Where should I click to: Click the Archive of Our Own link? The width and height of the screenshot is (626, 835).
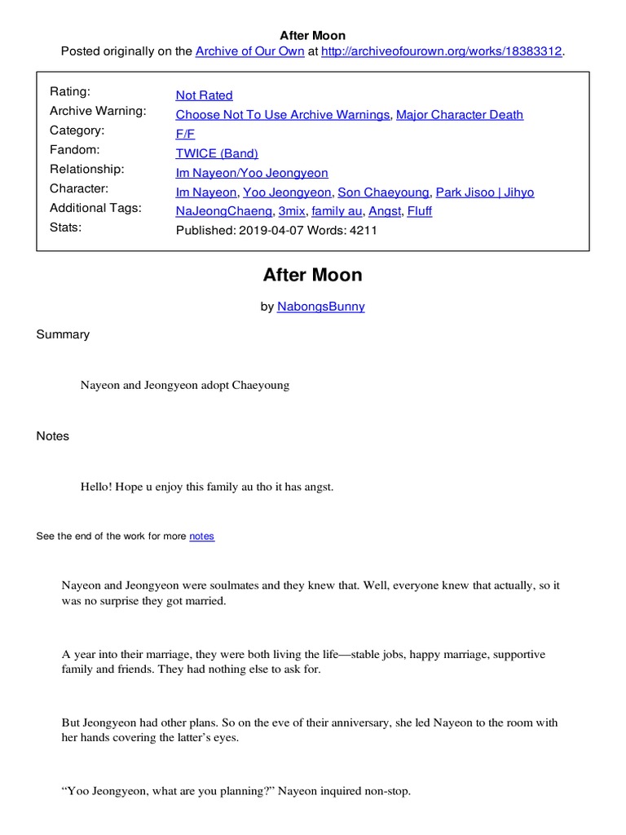pos(249,51)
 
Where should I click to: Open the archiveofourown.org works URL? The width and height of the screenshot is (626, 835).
pos(442,51)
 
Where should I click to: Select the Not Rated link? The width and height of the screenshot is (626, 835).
pos(204,95)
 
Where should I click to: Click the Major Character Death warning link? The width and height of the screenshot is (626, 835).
pos(460,115)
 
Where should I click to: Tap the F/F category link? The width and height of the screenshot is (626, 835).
pos(185,134)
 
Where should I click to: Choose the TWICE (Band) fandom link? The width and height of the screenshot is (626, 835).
pos(217,153)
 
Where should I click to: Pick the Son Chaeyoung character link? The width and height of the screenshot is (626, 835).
pos(383,192)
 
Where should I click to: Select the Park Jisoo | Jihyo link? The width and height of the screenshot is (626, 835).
pos(485,192)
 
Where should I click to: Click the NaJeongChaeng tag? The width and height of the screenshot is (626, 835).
pos(224,211)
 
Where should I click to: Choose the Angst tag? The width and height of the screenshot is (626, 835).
pos(385,211)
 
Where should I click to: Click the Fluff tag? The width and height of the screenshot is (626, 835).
pos(420,211)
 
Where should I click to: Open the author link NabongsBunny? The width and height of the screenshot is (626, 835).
pos(321,307)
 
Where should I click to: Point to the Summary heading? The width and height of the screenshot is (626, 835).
pos(63,334)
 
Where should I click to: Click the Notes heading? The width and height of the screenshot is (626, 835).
pos(53,436)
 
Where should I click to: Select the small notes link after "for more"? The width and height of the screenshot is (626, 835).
pos(202,537)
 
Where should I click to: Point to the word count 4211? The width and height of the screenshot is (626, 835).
pos(364,230)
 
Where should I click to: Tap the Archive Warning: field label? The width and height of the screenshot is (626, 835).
pos(98,111)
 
